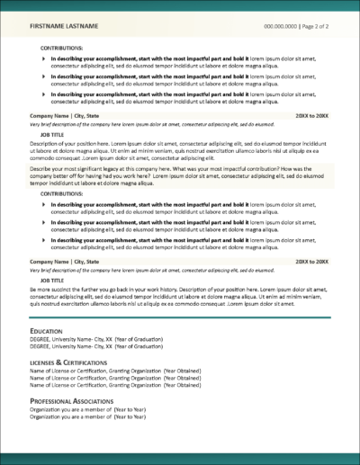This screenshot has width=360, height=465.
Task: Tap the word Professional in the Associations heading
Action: coord(53,399)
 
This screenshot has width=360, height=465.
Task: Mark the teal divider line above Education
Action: coord(180,317)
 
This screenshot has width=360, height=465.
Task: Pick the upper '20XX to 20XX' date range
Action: coord(312,117)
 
